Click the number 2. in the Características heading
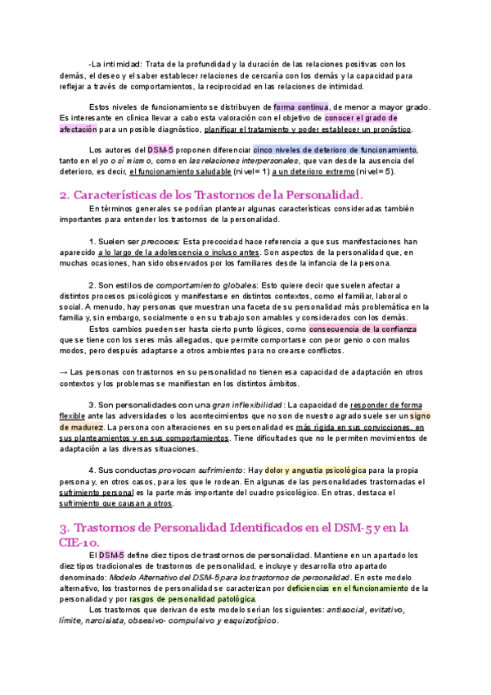[x=65, y=195]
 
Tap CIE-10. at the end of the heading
[x=86, y=542]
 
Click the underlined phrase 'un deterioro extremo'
[x=330, y=173]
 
